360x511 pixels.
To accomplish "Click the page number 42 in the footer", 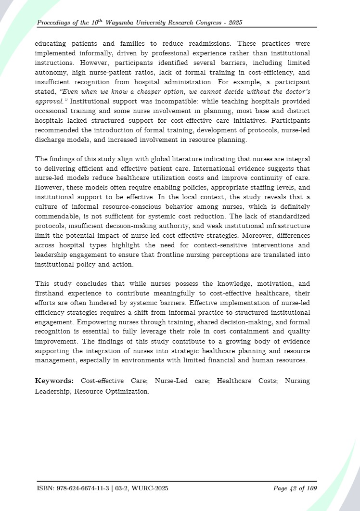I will tap(293, 488).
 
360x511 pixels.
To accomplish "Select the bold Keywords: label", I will tap(54, 381).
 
